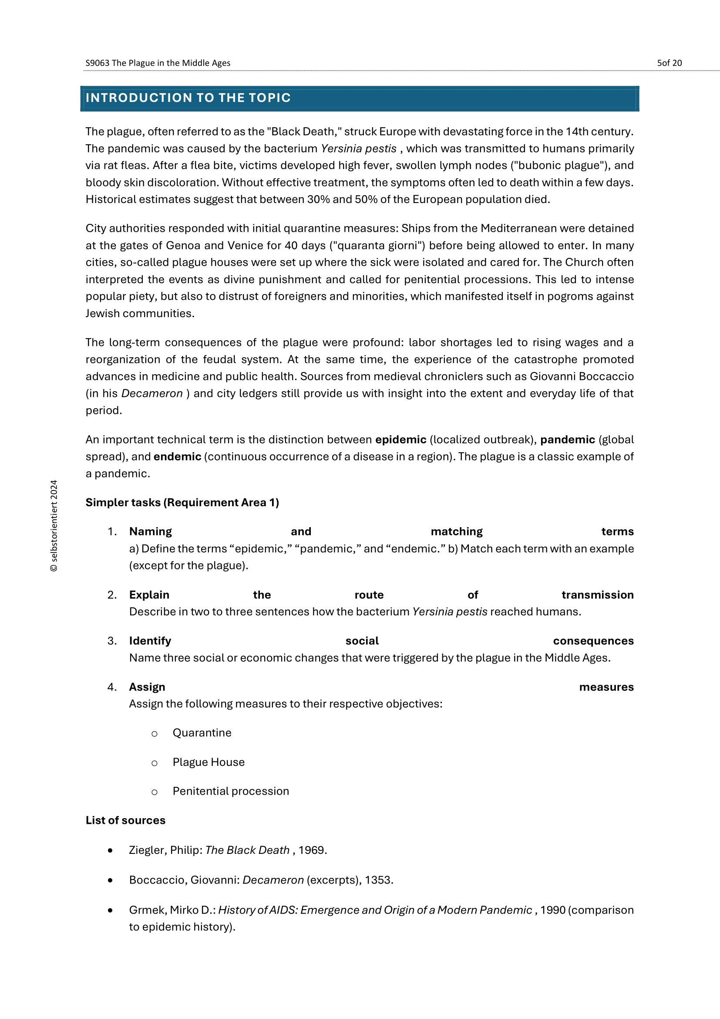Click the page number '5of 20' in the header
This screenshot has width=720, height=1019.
[x=669, y=63]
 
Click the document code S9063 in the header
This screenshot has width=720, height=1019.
[x=97, y=63]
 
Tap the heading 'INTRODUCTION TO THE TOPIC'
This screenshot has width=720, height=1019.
[x=188, y=98]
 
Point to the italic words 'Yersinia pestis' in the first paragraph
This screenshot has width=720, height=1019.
[x=358, y=149]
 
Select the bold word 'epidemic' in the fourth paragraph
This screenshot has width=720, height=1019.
[x=401, y=440]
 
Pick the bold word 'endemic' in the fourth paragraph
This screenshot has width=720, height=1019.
[x=177, y=457]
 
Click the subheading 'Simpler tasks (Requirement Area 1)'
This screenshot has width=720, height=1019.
[x=182, y=502]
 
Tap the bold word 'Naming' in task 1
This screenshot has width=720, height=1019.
[x=150, y=532]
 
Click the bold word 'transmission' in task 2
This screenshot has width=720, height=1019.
[x=597, y=595]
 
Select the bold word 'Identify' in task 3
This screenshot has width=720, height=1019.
[x=150, y=641]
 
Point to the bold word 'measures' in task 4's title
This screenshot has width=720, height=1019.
[x=606, y=687]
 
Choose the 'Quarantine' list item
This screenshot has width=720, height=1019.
[x=202, y=733]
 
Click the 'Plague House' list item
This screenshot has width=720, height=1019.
[x=209, y=762]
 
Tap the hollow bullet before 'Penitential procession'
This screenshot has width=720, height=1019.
[x=154, y=792]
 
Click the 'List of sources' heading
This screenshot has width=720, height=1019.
[x=125, y=820]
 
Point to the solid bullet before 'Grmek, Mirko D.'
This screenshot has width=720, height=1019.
[x=110, y=910]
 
